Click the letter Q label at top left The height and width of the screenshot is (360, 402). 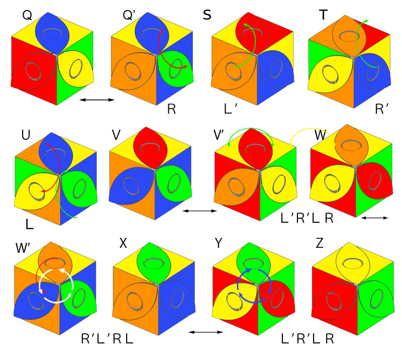click(27, 16)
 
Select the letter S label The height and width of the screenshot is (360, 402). click(207, 15)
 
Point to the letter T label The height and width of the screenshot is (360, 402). click(323, 16)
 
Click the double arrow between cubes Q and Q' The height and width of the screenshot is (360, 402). click(98, 100)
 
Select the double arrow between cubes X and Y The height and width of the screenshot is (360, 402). click(206, 332)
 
